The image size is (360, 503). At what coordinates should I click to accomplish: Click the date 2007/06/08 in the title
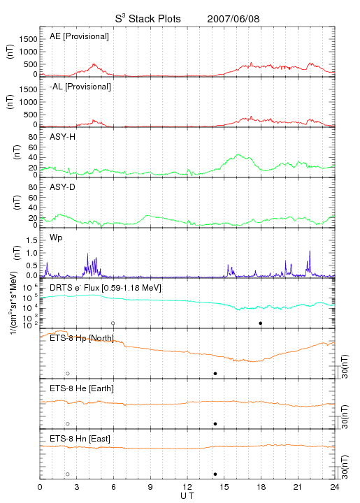tap(233, 19)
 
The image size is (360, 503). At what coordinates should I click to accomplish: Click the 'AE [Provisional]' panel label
tap(79, 36)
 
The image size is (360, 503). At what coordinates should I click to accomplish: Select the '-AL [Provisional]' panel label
tap(80, 87)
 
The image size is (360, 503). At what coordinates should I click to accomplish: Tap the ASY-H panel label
tap(63, 137)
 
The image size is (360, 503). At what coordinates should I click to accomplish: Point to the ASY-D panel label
tap(63, 187)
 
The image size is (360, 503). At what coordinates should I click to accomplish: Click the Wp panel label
tap(56, 238)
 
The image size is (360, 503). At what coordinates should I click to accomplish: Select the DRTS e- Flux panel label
tap(106, 288)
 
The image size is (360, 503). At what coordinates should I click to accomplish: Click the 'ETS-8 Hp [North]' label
tap(82, 338)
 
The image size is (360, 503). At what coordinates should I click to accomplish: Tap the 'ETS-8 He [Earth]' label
tap(82, 388)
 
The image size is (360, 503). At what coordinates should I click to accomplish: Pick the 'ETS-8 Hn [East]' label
tap(80, 439)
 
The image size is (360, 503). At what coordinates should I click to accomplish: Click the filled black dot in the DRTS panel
tap(261, 323)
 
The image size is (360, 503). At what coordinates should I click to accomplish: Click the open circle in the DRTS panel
tap(113, 323)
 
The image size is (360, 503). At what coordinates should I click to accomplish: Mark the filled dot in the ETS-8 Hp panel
tap(215, 373)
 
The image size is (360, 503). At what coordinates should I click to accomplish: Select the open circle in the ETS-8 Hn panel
tap(68, 474)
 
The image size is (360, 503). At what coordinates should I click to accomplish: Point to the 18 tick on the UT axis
tap(261, 487)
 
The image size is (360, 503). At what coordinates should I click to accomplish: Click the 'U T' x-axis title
tap(187, 496)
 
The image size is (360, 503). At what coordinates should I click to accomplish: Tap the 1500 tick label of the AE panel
tap(28, 39)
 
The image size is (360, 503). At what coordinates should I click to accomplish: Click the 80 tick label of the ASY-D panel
tap(33, 187)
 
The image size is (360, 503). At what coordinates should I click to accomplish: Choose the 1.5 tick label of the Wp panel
tap(31, 240)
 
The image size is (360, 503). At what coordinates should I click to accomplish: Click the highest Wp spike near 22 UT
tap(310, 251)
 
